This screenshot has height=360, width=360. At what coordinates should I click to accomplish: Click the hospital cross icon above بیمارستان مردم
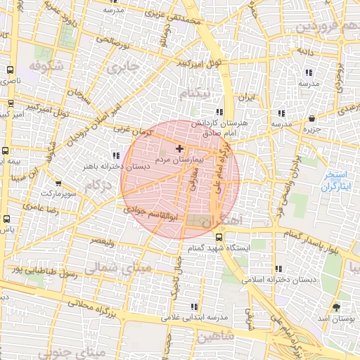[x=180, y=148]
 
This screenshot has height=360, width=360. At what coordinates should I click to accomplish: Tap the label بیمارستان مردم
[x=179, y=160]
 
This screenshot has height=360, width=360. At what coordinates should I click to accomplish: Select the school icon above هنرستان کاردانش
[x=220, y=112]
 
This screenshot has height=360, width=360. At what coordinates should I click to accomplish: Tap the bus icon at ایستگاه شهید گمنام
[x=219, y=237]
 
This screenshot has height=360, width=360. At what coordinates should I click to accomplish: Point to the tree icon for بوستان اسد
[x=336, y=307]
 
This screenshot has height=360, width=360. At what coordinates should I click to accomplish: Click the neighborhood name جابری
[x=124, y=68]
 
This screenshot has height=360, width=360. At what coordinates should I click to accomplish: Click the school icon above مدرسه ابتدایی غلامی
[x=195, y=307]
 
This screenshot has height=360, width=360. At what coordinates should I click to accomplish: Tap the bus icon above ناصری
[x=10, y=70]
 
